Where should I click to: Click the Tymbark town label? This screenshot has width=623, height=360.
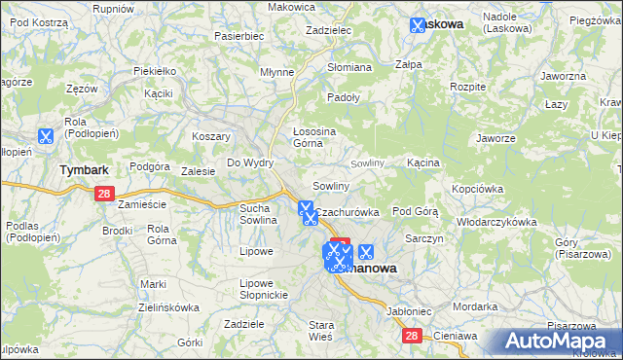click(84, 169)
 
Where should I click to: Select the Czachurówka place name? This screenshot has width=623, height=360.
click(348, 211)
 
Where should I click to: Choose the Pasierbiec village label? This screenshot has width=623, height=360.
click(239, 36)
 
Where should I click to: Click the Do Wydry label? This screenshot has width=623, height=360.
click(250, 162)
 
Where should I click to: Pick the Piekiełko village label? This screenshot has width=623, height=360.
click(155, 71)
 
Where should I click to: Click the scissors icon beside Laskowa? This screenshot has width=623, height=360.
click(419, 24)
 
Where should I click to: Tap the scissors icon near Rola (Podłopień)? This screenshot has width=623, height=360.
click(45, 137)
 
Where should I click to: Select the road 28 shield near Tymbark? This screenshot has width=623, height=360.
click(105, 194)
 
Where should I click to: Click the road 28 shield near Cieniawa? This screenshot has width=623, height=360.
click(413, 335)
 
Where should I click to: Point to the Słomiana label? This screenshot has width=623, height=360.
click(349, 67)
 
